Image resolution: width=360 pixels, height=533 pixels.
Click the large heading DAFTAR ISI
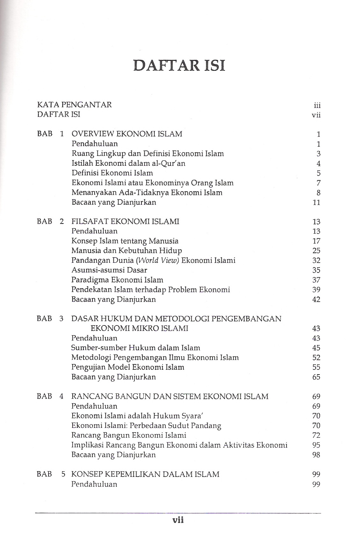[x=180, y=65]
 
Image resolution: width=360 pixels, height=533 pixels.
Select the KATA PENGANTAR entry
[x=75, y=105]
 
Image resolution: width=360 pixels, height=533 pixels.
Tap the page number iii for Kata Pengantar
[x=317, y=106]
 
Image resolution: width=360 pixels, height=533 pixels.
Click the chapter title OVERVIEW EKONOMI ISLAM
[x=127, y=134]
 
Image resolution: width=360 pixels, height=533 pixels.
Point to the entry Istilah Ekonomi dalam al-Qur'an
[x=128, y=163]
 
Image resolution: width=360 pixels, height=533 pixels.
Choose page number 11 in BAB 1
[x=316, y=202]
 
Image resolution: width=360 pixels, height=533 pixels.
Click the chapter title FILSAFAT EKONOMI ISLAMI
[x=125, y=221]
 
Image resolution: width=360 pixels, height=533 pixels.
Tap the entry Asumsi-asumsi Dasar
[x=109, y=270]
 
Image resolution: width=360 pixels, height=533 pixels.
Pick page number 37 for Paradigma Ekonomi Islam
[x=316, y=280]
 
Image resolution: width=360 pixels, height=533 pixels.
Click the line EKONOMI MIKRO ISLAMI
[x=140, y=328]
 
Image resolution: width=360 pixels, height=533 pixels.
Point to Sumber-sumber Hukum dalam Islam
[x=136, y=347]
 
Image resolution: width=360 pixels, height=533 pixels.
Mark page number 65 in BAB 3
[x=316, y=377]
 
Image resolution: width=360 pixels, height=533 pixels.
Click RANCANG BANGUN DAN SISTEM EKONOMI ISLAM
[x=170, y=396]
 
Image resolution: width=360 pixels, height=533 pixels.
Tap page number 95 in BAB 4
[x=316, y=445]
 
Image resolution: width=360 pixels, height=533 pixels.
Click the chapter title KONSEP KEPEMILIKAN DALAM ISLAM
[x=145, y=474]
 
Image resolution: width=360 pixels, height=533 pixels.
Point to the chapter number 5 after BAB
[x=63, y=474]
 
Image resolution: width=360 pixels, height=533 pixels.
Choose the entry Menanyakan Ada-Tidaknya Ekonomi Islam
[x=147, y=193]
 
